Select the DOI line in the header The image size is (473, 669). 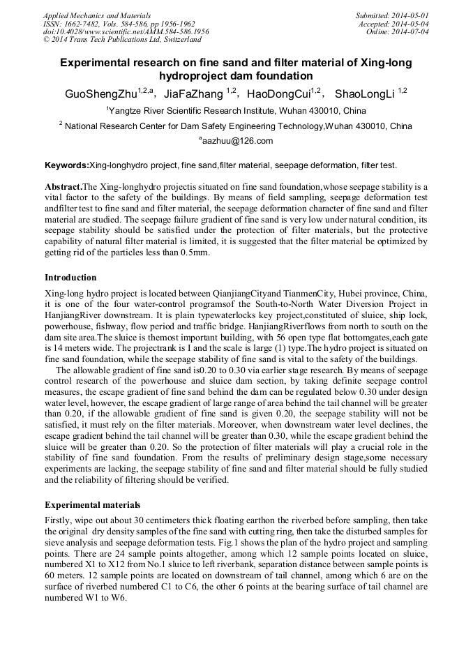click(126, 32)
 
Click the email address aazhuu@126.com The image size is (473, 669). click(236, 141)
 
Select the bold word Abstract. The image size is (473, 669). click(63, 188)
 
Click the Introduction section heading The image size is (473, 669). click(70, 278)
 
